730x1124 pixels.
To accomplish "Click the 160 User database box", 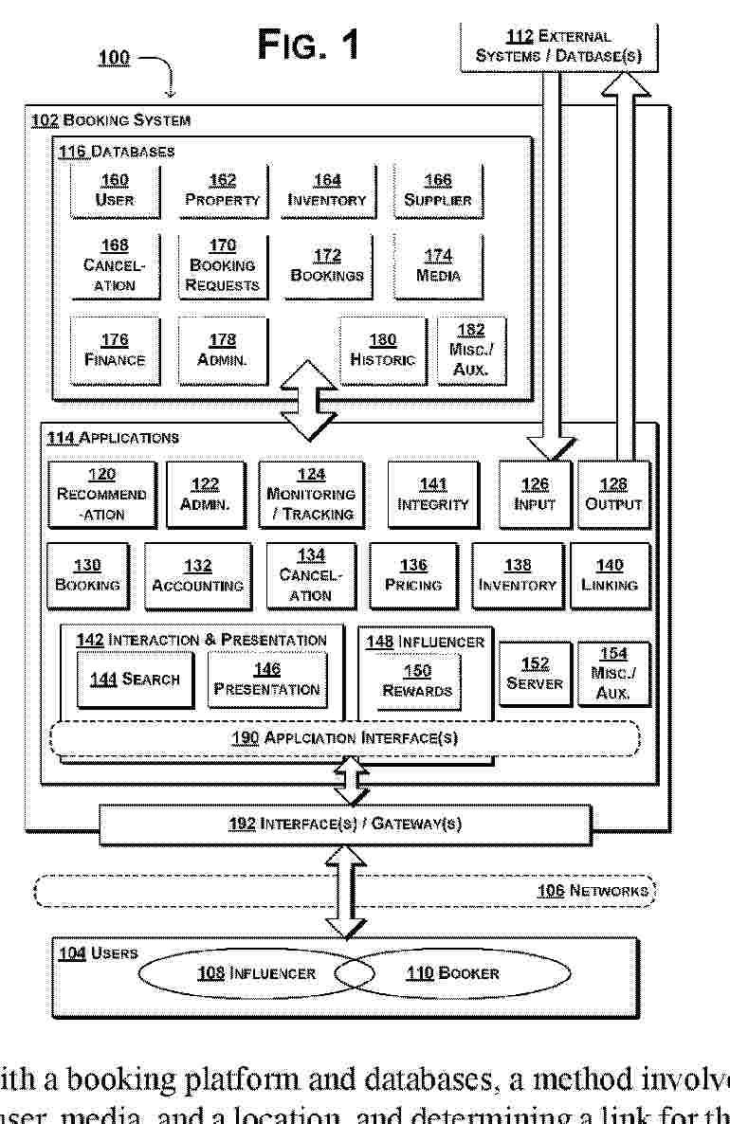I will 115,190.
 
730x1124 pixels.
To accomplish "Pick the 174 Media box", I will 437,266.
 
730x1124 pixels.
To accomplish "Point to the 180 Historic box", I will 382,350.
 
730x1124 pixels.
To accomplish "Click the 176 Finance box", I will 115,350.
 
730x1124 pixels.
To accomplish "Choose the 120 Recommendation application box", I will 101,494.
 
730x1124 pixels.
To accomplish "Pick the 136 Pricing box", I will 412,575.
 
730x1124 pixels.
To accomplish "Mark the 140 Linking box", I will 610,575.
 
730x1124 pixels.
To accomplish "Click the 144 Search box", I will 135,680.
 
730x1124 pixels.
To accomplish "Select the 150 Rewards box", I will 417,680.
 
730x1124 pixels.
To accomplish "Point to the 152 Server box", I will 535,674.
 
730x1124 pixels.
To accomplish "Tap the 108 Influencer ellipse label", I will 256,972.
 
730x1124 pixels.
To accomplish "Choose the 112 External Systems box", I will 558,45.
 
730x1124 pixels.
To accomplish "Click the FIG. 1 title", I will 308,45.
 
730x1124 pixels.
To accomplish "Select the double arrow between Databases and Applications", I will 308,400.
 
